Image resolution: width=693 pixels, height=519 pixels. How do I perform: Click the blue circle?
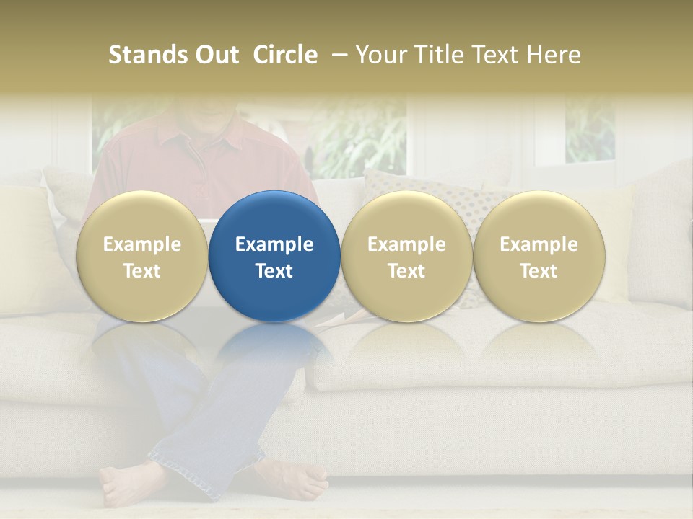click(x=274, y=256)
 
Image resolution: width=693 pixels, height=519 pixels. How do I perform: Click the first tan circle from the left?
click(x=141, y=256)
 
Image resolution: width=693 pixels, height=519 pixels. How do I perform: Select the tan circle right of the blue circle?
click(x=406, y=256)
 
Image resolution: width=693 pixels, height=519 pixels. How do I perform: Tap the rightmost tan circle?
click(x=539, y=256)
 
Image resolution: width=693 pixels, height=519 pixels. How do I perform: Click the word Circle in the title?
click(x=285, y=55)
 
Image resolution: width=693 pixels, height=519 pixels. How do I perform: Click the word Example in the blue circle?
click(x=274, y=244)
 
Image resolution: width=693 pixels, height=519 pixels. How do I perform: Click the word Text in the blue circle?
click(x=274, y=271)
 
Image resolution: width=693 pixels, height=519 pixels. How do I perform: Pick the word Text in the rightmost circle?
click(x=539, y=271)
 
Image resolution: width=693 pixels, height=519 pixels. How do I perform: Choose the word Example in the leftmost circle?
click(x=141, y=244)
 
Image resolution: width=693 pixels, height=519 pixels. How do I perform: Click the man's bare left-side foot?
click(x=126, y=484)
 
